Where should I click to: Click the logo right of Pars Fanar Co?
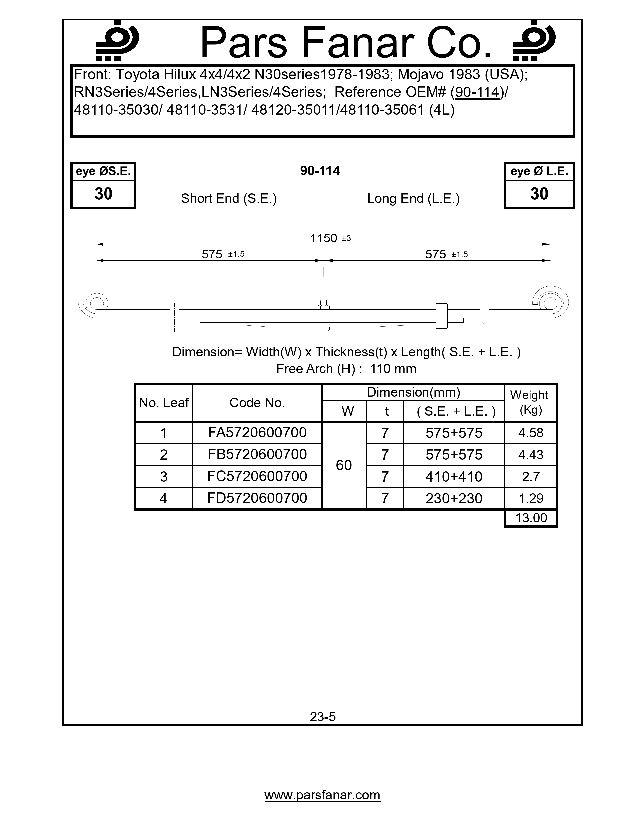[534, 41]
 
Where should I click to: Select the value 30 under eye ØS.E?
[103, 194]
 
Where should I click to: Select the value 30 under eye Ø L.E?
[539, 194]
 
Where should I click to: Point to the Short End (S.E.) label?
[229, 198]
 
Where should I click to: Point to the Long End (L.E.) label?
[413, 198]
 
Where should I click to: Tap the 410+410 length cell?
[454, 477]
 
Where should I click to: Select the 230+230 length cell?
[454, 499]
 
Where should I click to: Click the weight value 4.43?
[530, 455]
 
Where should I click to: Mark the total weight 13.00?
[530, 518]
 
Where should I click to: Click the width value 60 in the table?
[344, 465]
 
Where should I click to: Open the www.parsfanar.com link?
[322, 795]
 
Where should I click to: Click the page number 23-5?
[322, 716]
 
